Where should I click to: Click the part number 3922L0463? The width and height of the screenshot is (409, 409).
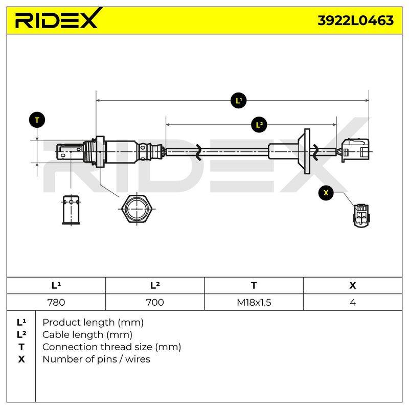355,20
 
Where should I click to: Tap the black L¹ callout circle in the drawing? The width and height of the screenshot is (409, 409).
239,100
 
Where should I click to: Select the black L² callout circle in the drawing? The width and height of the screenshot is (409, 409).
259,125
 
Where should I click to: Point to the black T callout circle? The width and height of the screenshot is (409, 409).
37,120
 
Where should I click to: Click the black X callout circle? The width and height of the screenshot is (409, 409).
326,193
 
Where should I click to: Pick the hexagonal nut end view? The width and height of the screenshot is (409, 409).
137,209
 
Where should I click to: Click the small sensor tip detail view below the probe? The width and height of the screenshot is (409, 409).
71,210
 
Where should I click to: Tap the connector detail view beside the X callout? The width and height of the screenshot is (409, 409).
361,215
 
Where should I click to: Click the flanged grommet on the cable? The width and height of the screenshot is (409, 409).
304,151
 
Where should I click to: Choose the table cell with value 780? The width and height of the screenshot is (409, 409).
56,302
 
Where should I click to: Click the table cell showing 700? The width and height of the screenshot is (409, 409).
155,302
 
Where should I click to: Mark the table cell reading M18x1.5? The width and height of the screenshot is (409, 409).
254,302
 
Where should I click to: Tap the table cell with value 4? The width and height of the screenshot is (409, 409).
353,302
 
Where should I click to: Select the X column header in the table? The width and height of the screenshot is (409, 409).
353,285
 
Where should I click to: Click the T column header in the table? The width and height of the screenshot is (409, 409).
254,285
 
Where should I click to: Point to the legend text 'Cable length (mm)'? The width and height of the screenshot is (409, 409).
87,335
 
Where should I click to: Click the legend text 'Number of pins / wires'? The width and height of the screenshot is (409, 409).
96,359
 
